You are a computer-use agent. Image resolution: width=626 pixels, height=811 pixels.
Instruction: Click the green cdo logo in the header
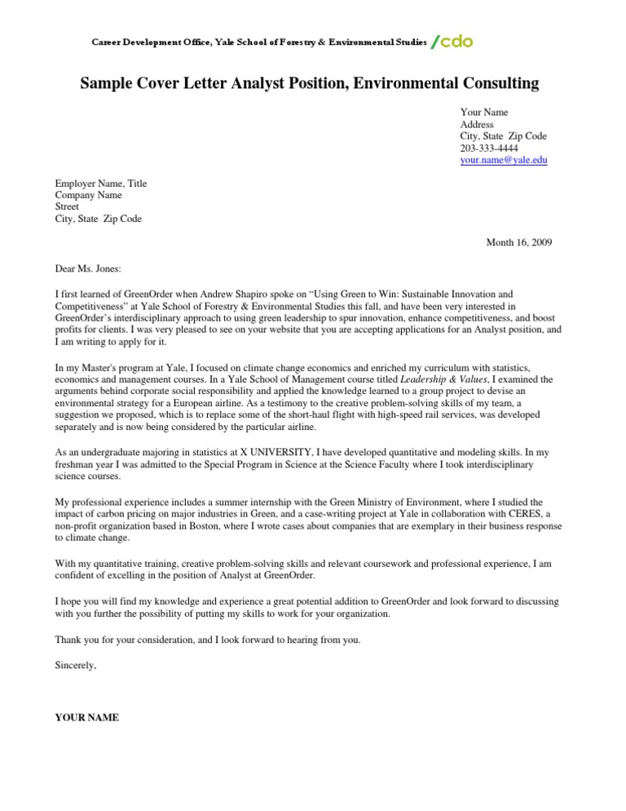pyautogui.click(x=452, y=42)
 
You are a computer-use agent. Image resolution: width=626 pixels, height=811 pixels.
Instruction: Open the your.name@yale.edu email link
pyautogui.click(x=504, y=161)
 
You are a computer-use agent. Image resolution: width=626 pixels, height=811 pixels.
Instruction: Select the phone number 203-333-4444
pyautogui.click(x=489, y=148)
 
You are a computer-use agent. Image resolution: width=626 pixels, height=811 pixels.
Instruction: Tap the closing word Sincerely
pyautogui.click(x=75, y=666)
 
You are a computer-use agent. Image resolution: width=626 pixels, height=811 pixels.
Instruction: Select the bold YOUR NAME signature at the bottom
pyautogui.click(x=86, y=718)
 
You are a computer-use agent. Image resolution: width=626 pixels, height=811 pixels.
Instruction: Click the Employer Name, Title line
pyautogui.click(x=101, y=184)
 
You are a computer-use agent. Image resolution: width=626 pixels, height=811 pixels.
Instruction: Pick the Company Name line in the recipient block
pyautogui.click(x=88, y=196)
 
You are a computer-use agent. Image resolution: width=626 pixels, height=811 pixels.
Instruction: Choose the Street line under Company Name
pyautogui.click(x=68, y=207)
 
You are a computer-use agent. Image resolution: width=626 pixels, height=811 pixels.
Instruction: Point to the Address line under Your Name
pyautogui.click(x=478, y=125)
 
